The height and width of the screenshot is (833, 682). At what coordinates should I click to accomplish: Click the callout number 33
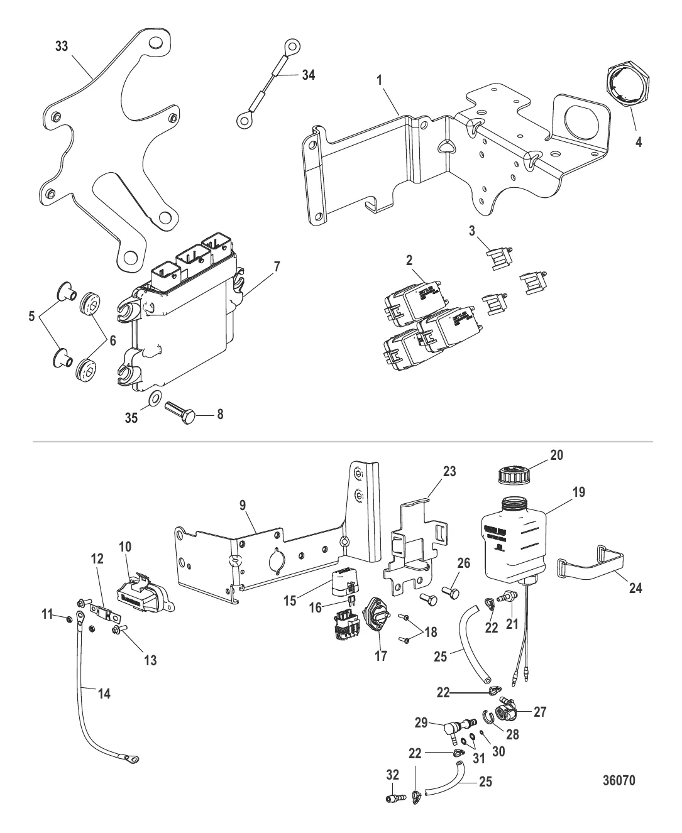tap(62, 47)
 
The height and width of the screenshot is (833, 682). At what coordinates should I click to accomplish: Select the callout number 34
tap(307, 75)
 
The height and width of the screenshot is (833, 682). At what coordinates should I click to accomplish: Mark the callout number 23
tap(449, 472)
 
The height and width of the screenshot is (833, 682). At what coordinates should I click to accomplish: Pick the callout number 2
tap(409, 258)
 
